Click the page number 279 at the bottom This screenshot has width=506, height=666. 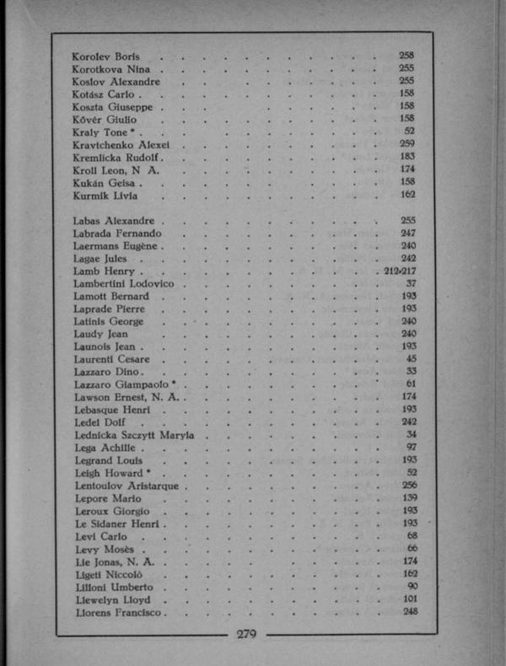pos(246,635)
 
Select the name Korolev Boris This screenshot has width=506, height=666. pos(106,56)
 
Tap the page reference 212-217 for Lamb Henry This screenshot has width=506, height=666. pos(401,271)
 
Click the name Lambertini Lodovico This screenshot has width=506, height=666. pos(124,284)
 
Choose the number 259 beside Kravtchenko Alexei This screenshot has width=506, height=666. pos(406,144)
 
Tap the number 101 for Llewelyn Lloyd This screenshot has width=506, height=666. pos(411,599)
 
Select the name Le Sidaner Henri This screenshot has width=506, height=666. pos(117,524)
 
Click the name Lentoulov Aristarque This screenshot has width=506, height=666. pos(126,486)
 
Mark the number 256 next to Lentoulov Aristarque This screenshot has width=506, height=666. pos(410,486)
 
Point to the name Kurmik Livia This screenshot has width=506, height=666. pos(104,195)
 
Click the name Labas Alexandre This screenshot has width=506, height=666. pos(113,221)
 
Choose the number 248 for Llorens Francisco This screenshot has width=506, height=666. pos(410,612)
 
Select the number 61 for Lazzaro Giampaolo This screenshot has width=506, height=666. pos(412,384)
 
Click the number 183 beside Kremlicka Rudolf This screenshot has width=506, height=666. pos(406,157)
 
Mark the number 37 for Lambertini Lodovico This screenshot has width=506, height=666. pos(412,284)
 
